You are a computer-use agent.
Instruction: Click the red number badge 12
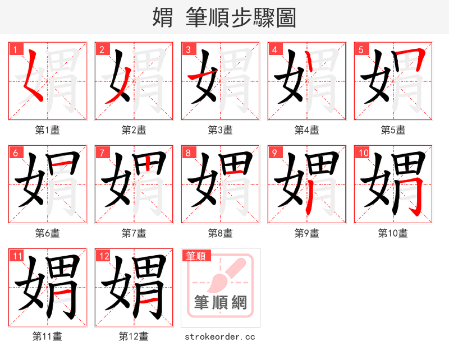[x=103, y=256]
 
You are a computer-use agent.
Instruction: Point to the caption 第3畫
[x=220, y=130]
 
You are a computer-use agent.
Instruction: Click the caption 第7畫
[x=134, y=233]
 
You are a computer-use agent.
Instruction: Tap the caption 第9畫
[x=306, y=233]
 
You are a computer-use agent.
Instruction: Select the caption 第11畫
[x=47, y=336]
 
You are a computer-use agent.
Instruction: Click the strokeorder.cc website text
[x=220, y=337]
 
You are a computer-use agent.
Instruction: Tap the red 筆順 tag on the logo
[x=196, y=256]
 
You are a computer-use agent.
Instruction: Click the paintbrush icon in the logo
[x=224, y=274]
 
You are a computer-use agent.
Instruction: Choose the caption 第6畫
[x=47, y=233]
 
